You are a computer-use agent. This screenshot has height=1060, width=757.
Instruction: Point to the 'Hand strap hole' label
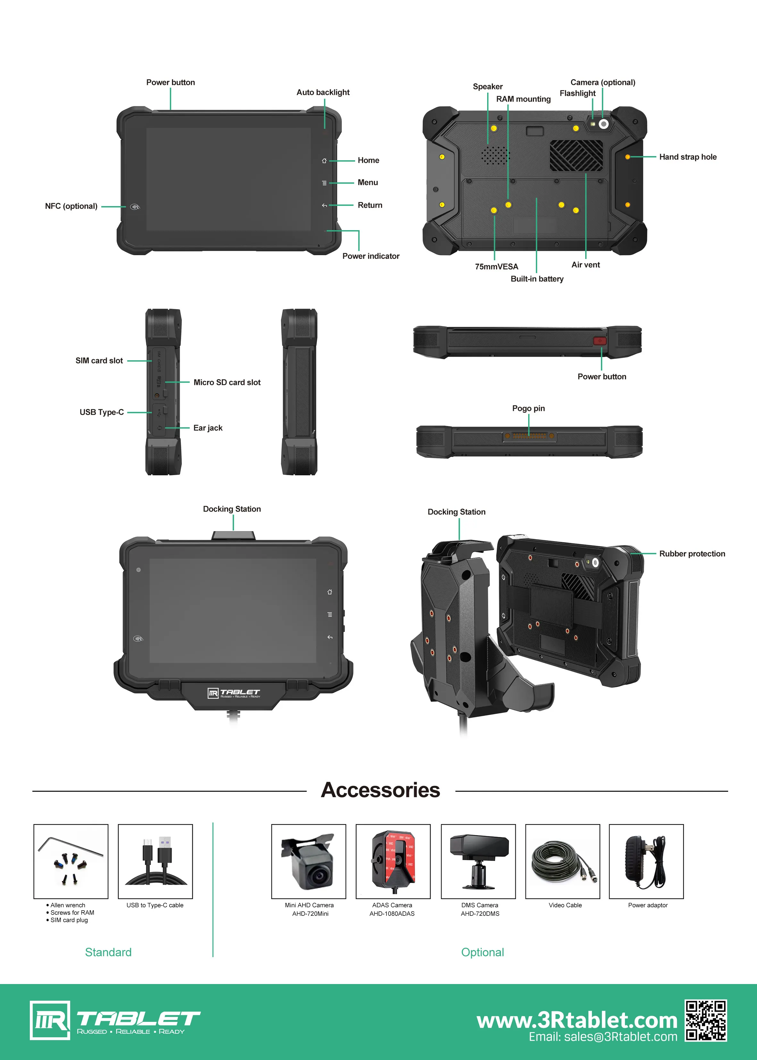tap(687, 157)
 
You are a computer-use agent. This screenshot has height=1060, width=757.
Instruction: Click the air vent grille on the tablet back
tap(576, 155)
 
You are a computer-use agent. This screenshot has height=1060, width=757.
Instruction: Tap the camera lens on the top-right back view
tap(603, 124)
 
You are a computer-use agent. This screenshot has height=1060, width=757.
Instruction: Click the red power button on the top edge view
tap(599, 341)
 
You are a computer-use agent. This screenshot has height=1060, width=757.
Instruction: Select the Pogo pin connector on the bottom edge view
tap(529, 436)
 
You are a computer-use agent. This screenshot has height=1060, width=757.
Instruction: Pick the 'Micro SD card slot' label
tap(227, 382)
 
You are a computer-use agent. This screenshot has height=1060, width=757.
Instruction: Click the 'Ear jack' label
tap(208, 428)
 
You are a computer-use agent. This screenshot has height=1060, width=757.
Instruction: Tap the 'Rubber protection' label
tap(692, 554)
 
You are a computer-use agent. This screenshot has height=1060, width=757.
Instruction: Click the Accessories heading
tap(380, 790)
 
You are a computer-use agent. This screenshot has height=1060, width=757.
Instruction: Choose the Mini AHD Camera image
tap(309, 861)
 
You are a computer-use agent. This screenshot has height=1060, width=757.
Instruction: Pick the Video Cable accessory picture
tap(563, 861)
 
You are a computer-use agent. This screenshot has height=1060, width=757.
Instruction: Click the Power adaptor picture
tap(646, 861)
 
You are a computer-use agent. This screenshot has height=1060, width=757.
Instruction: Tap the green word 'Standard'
tap(108, 952)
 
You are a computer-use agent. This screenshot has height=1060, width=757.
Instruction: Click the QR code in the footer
tap(706, 1020)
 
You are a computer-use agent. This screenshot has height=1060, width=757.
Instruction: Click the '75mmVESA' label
tap(496, 267)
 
